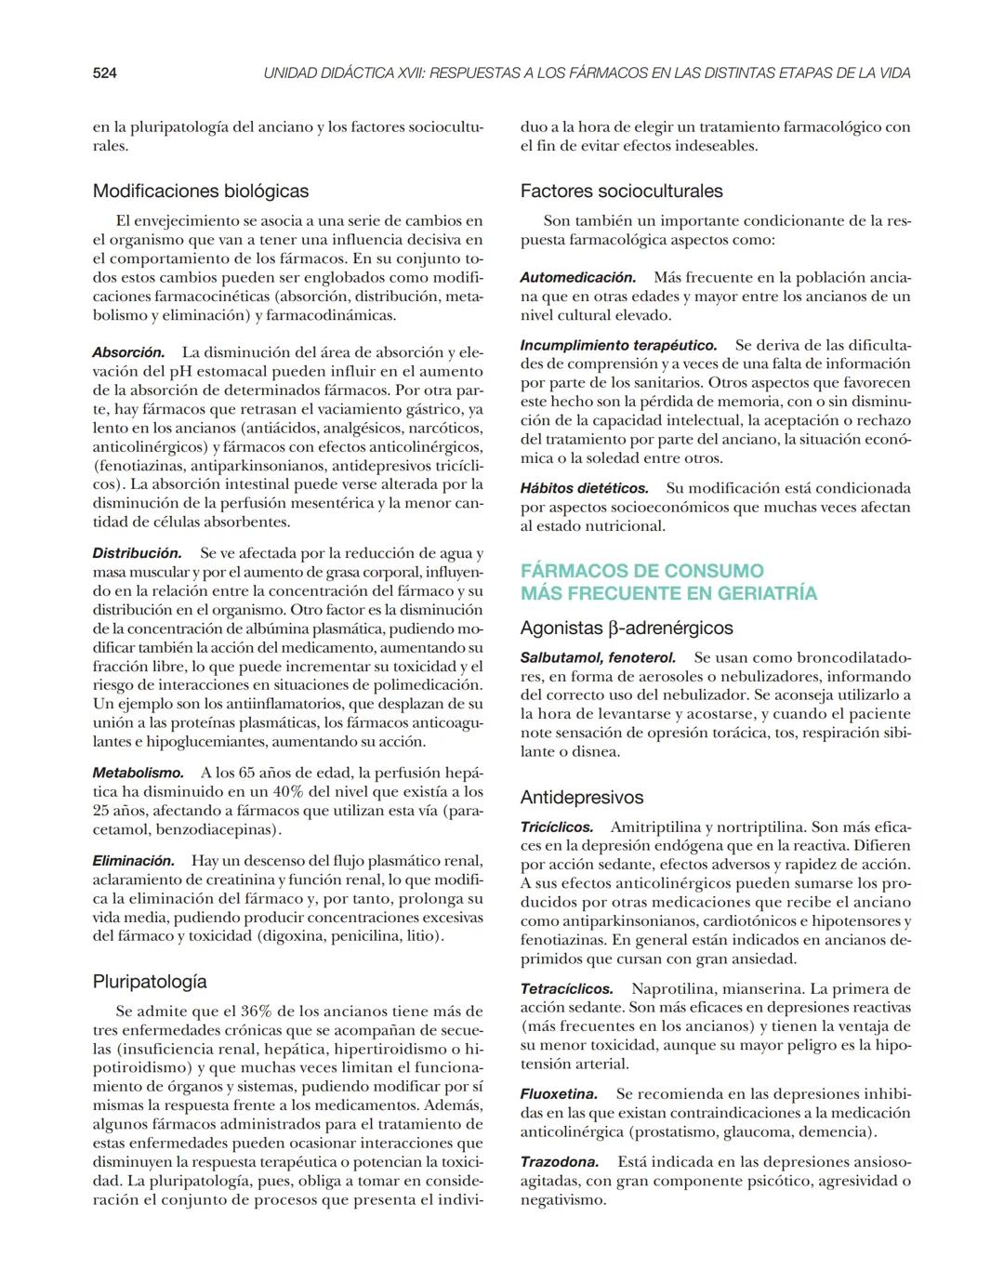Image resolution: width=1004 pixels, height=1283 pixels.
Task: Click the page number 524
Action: pyautogui.click(x=104, y=73)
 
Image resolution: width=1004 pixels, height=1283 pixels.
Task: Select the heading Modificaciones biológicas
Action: pyautogui.click(x=200, y=192)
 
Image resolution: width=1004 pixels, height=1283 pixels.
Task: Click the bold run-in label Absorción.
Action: pyautogui.click(x=128, y=352)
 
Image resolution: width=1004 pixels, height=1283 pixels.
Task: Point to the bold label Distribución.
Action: pyautogui.click(x=137, y=553)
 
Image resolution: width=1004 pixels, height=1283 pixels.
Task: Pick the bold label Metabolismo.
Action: pyautogui.click(x=138, y=773)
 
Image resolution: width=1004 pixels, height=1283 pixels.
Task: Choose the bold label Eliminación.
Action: pyautogui.click(x=133, y=861)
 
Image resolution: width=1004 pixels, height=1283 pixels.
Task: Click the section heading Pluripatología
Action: pyautogui.click(x=150, y=982)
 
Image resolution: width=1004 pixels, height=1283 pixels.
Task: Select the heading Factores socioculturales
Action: pyautogui.click(x=621, y=192)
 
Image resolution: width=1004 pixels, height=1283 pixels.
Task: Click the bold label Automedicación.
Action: pyautogui.click(x=577, y=277)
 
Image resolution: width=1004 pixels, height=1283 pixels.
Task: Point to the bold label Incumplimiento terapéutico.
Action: pyautogui.click(x=618, y=345)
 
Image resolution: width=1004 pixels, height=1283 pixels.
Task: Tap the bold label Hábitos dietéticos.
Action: pyautogui.click(x=584, y=488)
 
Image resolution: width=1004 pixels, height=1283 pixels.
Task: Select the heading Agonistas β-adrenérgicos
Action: pyautogui.click(x=627, y=628)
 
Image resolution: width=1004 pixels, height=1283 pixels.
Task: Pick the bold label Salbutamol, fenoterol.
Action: pyautogui.click(x=598, y=657)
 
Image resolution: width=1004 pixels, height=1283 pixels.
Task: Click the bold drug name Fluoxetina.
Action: pyautogui.click(x=559, y=1094)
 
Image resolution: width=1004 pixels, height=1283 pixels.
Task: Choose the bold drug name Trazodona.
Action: pyautogui.click(x=559, y=1162)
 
